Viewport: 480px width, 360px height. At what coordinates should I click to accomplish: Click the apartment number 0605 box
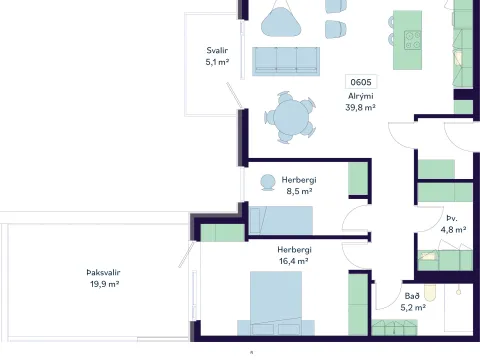point(361,82)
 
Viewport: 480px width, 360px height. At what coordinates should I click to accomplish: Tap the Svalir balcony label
point(217,50)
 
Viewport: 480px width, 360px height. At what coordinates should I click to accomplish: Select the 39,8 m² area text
point(360,107)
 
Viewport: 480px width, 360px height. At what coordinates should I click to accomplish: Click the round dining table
point(291,117)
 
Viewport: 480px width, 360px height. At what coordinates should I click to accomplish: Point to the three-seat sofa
point(286,61)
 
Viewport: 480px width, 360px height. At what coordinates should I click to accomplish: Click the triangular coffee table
point(281,22)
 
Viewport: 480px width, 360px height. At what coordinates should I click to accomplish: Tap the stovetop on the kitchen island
point(412,40)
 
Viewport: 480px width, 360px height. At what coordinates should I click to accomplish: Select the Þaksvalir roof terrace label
point(103,272)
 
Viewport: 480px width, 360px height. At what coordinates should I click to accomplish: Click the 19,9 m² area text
point(104,284)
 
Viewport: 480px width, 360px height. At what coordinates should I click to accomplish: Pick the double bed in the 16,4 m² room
point(276,303)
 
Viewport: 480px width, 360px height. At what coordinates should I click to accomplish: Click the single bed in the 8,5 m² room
point(281,220)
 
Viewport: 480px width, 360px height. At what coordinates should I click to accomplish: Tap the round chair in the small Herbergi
point(267,183)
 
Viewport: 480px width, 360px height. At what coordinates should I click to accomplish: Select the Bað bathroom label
point(412,296)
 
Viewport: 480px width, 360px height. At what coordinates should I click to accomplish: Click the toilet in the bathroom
point(430,293)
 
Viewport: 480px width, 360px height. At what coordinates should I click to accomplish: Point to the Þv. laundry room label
point(452,218)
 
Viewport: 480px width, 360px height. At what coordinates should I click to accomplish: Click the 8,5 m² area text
point(299,191)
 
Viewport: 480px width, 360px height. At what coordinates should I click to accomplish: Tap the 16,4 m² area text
point(293,261)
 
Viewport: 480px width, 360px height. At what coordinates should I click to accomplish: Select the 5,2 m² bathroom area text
point(413,307)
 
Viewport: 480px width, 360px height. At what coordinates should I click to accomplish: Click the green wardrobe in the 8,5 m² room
point(358,178)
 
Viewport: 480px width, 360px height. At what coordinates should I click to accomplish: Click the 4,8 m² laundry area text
point(453,230)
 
